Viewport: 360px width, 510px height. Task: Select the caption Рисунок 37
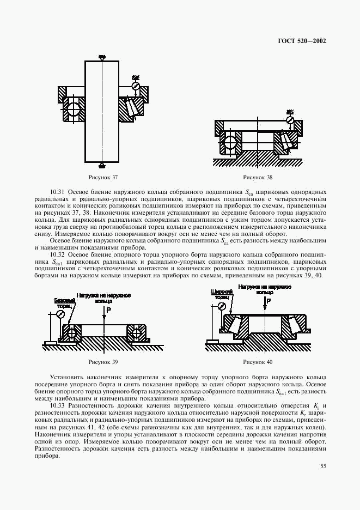pos(103,177)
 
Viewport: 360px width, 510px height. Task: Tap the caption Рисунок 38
pos(258,177)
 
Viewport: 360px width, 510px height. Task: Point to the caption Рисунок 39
pos(103,362)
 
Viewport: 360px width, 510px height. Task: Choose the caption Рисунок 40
pos(258,362)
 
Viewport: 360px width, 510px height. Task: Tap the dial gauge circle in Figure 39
pos(60,314)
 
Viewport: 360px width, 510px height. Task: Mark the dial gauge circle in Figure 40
pos(222,307)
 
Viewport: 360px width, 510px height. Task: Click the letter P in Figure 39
pos(108,309)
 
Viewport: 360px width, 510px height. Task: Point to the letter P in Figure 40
pos(269,300)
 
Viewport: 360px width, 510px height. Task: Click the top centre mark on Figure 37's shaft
pos(102,57)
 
